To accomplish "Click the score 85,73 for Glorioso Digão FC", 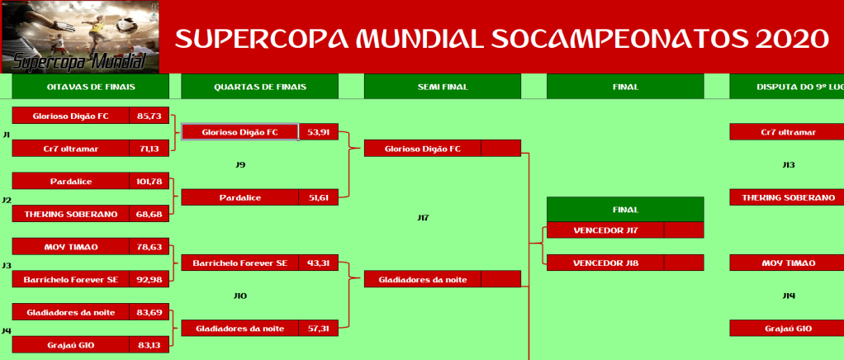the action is [x=149, y=116].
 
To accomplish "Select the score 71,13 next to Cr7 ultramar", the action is [x=149, y=149].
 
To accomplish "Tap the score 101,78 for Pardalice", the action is [x=149, y=182].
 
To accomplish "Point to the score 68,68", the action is [x=149, y=214].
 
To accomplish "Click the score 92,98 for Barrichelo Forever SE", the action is [x=149, y=279].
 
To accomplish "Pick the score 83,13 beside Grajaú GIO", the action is [x=149, y=345].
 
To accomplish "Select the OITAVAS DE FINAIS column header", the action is [x=91, y=87].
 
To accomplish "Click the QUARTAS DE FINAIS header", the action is [x=260, y=87].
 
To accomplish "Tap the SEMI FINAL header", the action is [x=443, y=87].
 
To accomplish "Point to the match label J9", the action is [x=240, y=164].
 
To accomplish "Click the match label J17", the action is [x=423, y=218].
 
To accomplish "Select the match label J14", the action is [x=789, y=296].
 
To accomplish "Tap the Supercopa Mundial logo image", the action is [x=80, y=36].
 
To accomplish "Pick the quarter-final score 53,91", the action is [x=318, y=132].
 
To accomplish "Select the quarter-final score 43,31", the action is [x=318, y=263].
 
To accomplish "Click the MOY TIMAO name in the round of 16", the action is [x=71, y=247].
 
